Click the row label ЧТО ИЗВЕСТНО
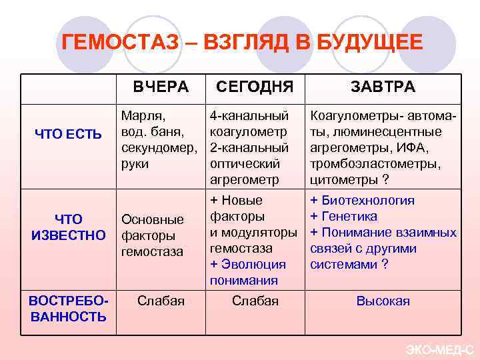[68, 227]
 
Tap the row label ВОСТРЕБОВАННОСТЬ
[67, 308]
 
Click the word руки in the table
[135, 163]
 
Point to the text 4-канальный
[249, 115]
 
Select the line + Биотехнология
[362, 200]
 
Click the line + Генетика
[343, 216]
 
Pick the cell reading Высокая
[383, 301]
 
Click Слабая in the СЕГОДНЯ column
[255, 301]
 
